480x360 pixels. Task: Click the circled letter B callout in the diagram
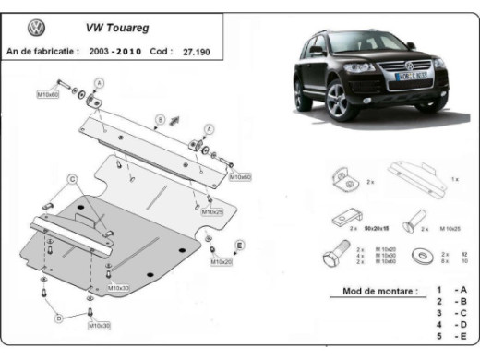coord(160,119)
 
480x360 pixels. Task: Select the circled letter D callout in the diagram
coord(58,318)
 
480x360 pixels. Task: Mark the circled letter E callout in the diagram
coord(240,244)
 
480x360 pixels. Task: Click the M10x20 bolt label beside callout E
coord(221,262)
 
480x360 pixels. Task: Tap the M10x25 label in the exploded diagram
coord(213,211)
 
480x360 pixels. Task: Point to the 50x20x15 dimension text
coord(376,226)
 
